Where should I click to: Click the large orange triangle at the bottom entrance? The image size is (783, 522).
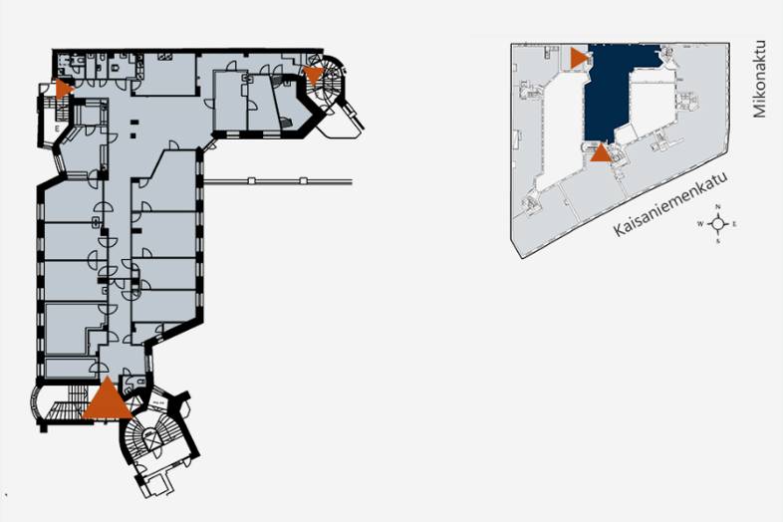(107, 400)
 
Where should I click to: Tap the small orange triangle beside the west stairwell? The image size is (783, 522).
(64, 88)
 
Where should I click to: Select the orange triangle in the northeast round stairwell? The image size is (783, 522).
(314, 75)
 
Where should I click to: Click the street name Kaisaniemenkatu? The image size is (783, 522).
(666, 203)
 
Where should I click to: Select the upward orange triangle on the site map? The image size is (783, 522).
(600, 152)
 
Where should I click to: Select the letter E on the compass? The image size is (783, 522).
(734, 224)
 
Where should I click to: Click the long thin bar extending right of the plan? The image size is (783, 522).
(279, 181)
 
